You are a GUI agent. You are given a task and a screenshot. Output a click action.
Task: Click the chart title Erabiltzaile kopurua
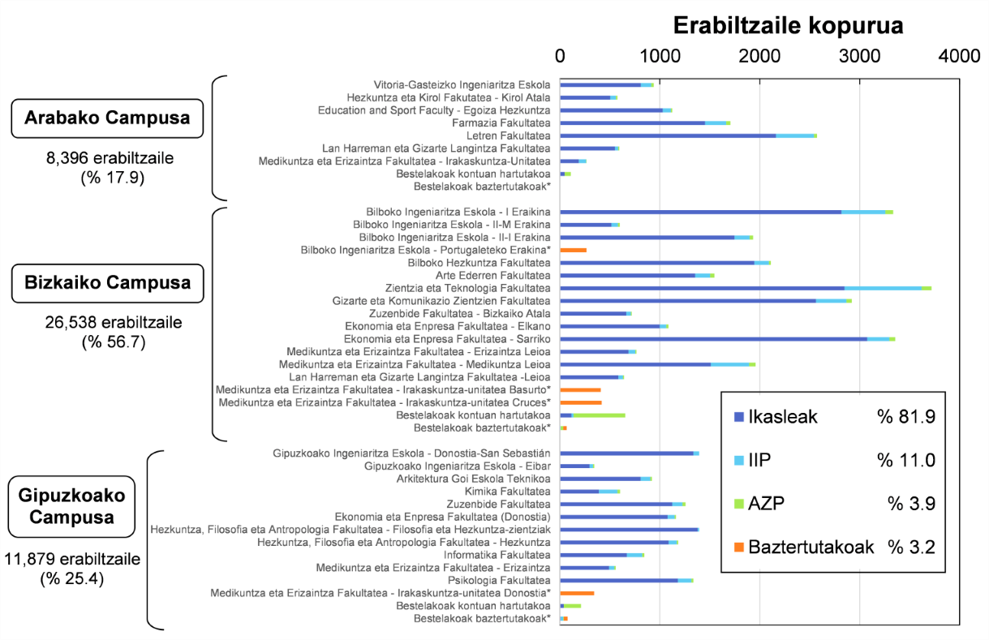tap(788, 26)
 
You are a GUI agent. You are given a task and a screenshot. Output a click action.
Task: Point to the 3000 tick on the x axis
tap(859, 57)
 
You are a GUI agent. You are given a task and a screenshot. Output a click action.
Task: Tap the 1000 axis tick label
tap(660, 57)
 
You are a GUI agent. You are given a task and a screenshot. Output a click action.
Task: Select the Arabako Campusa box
tap(107, 118)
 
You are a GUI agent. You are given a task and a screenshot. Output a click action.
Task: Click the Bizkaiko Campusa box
tap(108, 283)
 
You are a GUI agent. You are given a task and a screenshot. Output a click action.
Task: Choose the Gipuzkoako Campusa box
tap(71, 506)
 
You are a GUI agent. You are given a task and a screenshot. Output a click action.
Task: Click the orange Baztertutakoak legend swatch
tap(738, 548)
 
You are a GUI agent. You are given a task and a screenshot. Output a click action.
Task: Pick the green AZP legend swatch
tap(738, 504)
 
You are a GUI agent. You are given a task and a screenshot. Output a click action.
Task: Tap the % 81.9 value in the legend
tap(906, 417)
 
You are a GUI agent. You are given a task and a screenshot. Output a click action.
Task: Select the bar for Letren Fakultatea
tap(688, 136)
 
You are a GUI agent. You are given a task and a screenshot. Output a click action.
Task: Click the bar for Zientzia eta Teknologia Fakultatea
tap(746, 288)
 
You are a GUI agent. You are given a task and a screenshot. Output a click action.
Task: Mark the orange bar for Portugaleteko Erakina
tap(573, 251)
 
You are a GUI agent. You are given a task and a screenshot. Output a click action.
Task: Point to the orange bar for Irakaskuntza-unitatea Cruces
tap(581, 402)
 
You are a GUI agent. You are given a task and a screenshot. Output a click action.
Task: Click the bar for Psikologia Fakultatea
tap(626, 581)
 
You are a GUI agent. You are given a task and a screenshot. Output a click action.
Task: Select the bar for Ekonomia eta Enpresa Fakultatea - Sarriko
tap(728, 339)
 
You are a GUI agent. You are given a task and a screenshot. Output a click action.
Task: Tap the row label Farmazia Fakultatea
tap(501, 123)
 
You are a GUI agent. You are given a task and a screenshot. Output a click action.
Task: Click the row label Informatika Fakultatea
tap(497, 556)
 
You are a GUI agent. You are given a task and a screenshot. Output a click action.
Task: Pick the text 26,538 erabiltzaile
tap(114, 323)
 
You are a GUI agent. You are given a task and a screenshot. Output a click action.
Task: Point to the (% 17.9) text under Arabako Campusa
tap(113, 178)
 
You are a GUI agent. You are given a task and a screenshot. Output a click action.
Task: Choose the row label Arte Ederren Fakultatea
tap(493, 276)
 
